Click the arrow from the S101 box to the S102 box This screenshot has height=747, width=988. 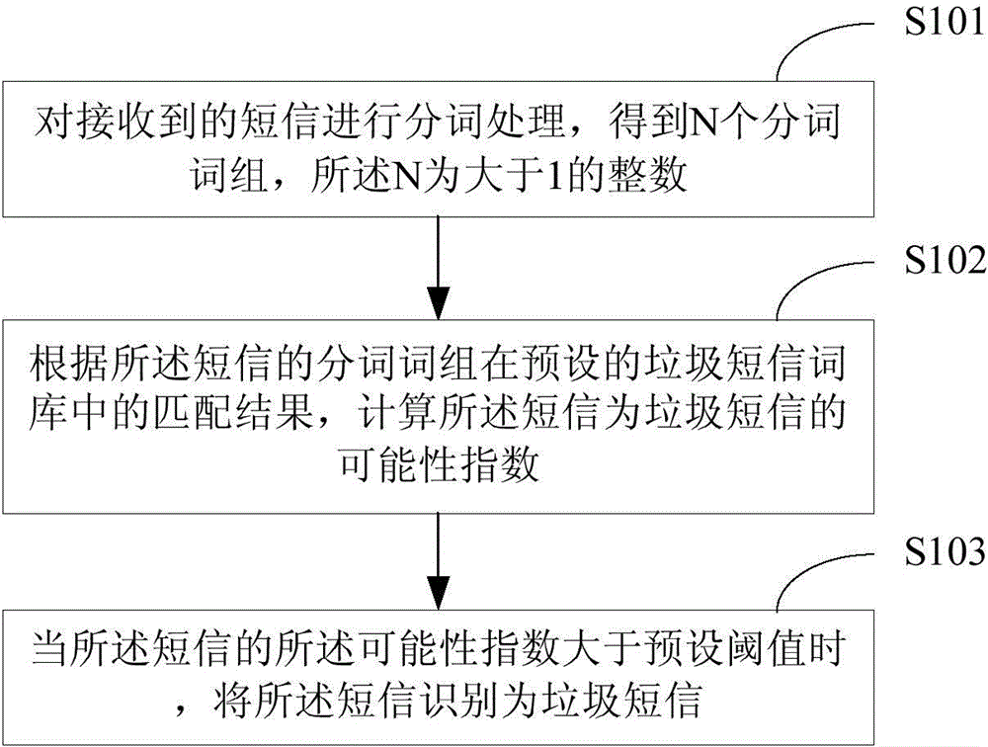pos(439,268)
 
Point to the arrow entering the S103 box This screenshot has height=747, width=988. pos(439,561)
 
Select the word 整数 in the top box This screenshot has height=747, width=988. pos(646,174)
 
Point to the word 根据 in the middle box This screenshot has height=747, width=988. pos(68,364)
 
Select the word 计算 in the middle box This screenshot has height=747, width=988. pos(397,413)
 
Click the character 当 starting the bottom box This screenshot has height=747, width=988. pos(50,648)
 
